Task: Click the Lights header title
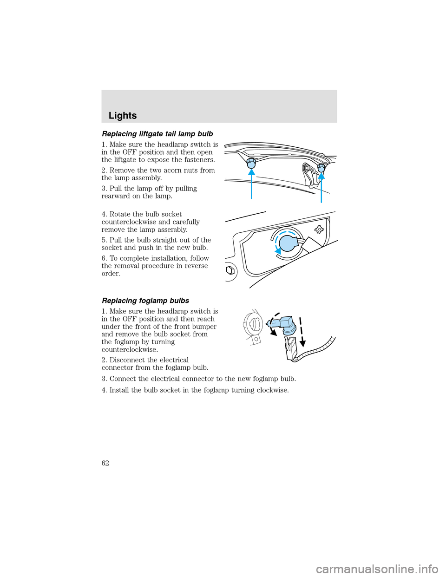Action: point(123,116)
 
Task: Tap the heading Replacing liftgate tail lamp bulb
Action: point(157,134)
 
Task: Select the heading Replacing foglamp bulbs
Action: point(145,301)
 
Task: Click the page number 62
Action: point(105,463)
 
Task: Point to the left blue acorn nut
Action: point(251,163)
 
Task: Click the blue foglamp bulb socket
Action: point(284,324)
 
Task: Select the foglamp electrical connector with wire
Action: point(291,348)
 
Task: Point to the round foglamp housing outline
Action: point(254,324)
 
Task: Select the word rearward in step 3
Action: point(116,196)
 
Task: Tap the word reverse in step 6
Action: point(196,266)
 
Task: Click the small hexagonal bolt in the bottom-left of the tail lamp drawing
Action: point(230,270)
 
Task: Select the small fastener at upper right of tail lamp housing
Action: point(319,229)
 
